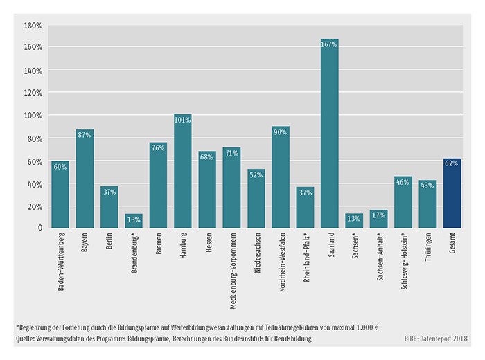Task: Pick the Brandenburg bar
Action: click(134, 221)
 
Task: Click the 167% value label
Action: click(329, 44)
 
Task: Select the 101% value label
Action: click(182, 119)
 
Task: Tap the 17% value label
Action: click(378, 215)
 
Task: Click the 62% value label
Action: click(452, 163)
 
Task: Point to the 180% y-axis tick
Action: click(34, 25)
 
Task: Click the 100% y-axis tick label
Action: click(34, 115)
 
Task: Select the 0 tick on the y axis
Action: click(40, 228)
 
